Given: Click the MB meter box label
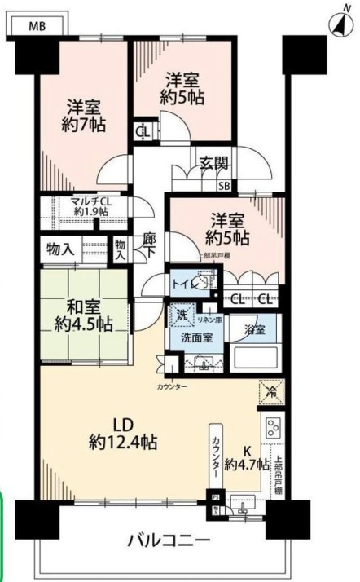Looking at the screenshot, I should (37, 26).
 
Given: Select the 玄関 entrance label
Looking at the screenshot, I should (214, 162).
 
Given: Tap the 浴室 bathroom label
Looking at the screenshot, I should (255, 330).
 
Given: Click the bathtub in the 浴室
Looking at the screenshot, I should (255, 357).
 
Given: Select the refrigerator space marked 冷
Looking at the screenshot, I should (270, 391).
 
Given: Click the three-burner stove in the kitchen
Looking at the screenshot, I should (271, 427).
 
